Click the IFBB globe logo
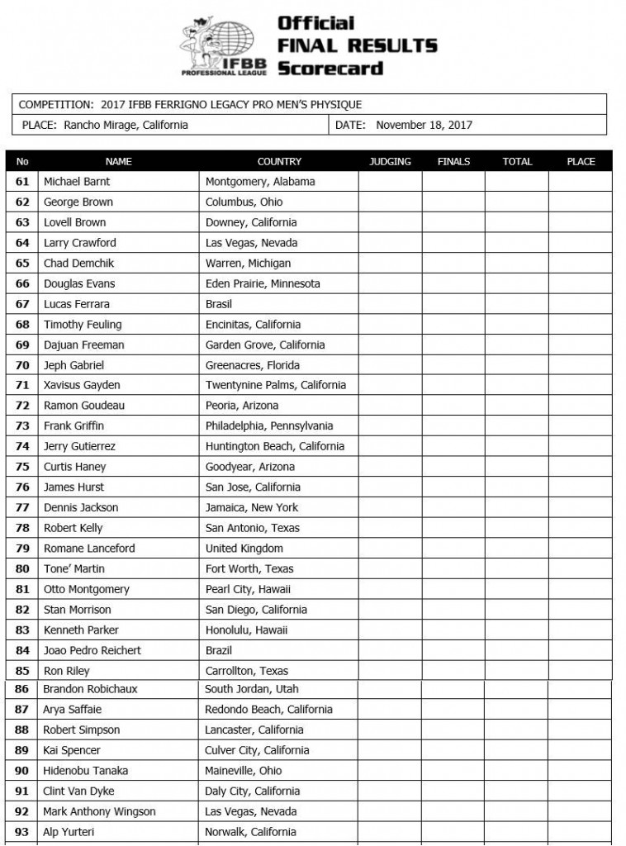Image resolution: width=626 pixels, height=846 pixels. tap(225, 46)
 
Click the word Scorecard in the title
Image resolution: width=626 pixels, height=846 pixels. tap(330, 68)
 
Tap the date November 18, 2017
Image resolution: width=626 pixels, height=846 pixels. tap(424, 126)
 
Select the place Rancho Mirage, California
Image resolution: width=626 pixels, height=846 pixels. tap(125, 126)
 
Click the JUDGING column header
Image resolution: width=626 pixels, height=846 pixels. tap(390, 162)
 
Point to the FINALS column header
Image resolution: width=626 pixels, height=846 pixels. tap(453, 162)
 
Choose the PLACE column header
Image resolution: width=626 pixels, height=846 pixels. tap(581, 162)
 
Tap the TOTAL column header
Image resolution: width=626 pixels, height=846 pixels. tap(517, 162)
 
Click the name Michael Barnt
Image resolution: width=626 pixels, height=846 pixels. tap(77, 182)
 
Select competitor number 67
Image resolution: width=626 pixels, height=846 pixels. tap(22, 304)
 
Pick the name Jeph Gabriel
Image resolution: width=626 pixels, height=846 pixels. tap(74, 365)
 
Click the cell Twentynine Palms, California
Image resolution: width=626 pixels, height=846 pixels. tap(276, 385)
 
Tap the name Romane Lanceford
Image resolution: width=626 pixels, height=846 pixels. tap(89, 549)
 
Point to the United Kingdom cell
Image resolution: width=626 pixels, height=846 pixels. tap(244, 549)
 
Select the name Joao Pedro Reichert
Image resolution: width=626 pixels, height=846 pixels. tap(92, 650)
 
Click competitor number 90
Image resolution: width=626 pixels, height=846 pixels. tap(22, 771)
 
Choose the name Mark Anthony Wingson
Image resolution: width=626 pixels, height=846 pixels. tap(99, 811)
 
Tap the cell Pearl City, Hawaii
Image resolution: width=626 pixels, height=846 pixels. tap(248, 589)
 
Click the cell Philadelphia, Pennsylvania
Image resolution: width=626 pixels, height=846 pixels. tap(269, 426)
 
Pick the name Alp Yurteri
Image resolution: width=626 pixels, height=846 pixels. tap(70, 832)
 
